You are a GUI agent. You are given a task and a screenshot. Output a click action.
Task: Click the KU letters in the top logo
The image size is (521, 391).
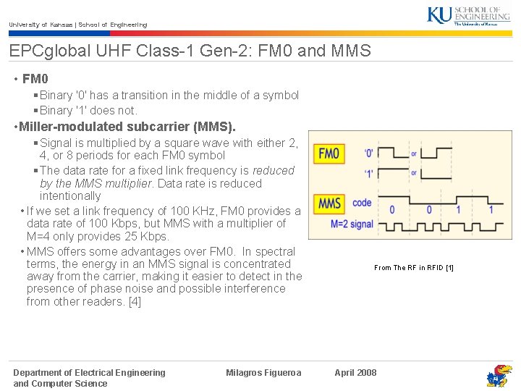(440, 14)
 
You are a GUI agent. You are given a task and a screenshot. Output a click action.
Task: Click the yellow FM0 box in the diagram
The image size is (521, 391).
(329, 154)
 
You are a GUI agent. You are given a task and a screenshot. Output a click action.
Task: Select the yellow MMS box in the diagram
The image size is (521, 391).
(329, 203)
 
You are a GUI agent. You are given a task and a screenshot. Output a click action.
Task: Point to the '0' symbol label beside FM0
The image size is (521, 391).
(369, 154)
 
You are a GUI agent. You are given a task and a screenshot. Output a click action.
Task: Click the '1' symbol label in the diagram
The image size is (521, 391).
(369, 173)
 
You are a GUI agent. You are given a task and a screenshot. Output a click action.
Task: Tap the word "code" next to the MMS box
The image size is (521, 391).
(362, 203)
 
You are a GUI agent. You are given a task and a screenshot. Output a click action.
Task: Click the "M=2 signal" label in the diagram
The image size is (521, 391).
(352, 224)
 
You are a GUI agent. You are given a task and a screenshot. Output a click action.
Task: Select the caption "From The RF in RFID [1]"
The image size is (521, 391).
(413, 268)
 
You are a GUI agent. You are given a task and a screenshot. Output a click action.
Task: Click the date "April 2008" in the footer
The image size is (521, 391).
(355, 373)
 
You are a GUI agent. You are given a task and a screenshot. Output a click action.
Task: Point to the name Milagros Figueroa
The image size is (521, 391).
(263, 373)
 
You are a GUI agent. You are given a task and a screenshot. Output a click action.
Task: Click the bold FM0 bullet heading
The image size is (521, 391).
(35, 78)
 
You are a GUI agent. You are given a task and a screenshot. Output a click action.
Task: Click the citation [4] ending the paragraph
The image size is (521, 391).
(134, 301)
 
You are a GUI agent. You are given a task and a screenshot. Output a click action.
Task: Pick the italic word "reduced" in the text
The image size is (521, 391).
(274, 171)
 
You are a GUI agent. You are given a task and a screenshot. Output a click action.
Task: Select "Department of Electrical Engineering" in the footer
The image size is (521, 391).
(89, 373)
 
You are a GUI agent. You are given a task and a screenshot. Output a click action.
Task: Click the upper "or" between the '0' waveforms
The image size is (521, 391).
(413, 154)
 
